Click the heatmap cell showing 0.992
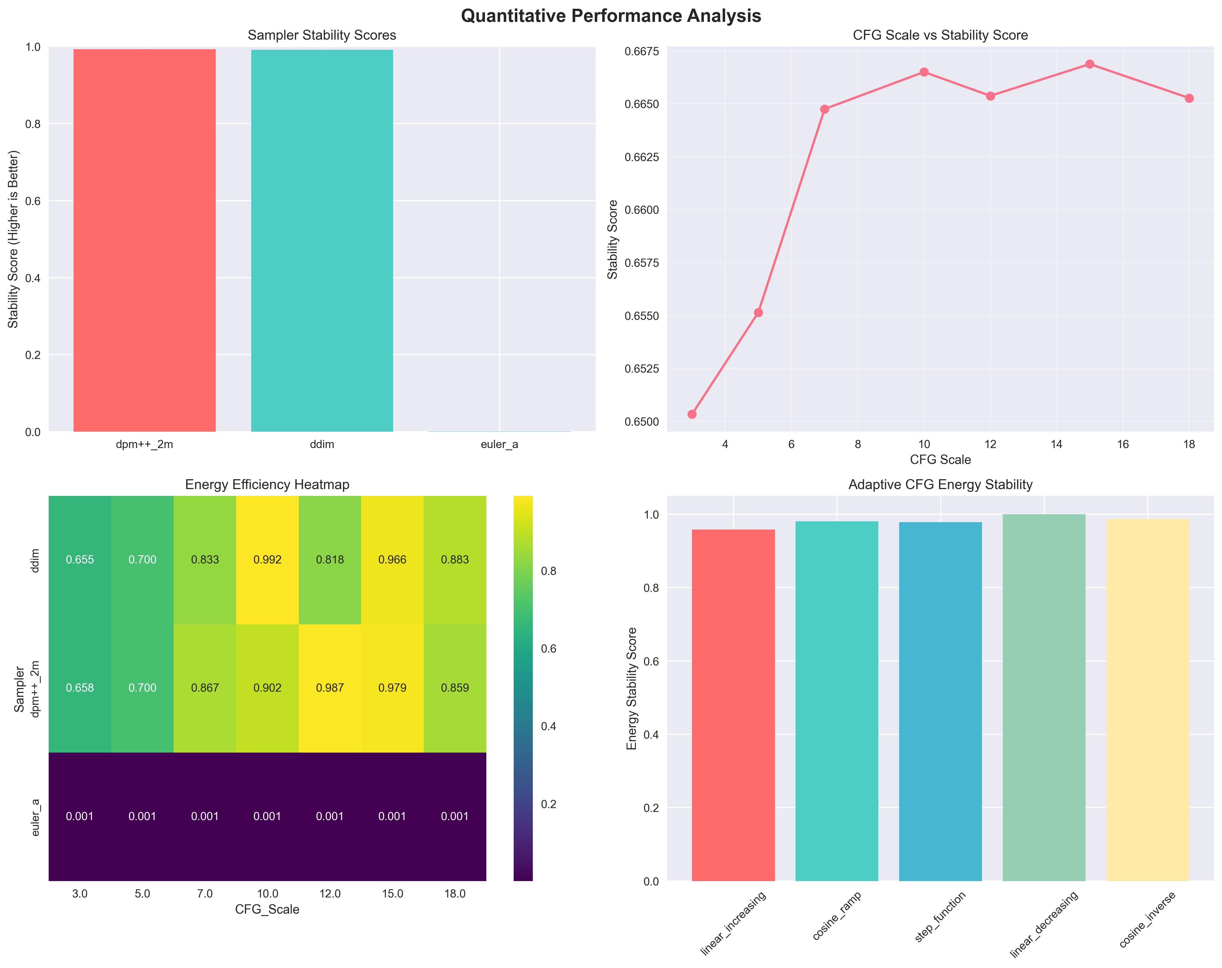coord(268,560)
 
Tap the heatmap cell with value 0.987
coord(330,688)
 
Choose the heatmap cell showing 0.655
coord(80,560)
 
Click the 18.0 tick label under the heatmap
coord(455,894)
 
